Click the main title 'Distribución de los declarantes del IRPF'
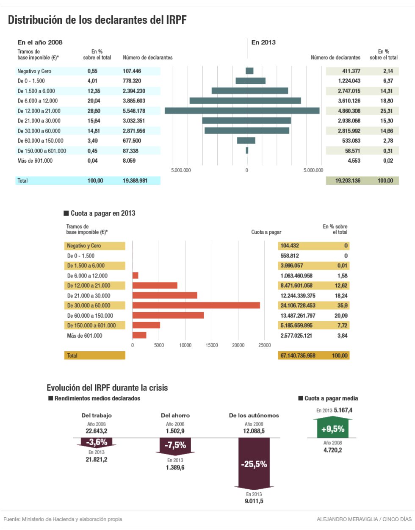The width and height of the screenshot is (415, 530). coord(97,20)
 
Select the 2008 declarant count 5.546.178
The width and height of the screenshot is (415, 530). coord(134,111)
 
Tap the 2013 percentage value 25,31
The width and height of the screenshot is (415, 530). coord(386,111)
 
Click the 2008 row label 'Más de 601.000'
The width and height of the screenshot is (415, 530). coord(35,161)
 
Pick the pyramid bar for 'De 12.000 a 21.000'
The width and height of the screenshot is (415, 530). coord(242,111)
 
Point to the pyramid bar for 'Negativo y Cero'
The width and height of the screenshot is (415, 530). coord(249,71)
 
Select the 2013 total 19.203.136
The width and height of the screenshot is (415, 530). coord(348,180)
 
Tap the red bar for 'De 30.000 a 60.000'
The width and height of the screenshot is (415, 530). coord(196,305)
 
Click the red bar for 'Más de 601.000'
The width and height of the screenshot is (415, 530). coord(139,335)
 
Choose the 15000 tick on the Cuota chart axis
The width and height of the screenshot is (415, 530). coord(212,345)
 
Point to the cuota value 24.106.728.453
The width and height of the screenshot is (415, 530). coord(298,305)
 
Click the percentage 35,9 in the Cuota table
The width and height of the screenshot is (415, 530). coord(342,305)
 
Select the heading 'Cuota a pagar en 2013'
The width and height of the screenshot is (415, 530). coord(102,213)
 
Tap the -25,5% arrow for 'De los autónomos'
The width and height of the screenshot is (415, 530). coord(254,464)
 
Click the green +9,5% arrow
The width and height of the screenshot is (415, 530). coord(332,429)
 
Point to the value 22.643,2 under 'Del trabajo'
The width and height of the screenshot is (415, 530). coord(97,431)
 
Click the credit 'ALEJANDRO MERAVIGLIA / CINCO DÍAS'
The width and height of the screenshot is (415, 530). coord(364,519)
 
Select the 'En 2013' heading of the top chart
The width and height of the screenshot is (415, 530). coord(263,42)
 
